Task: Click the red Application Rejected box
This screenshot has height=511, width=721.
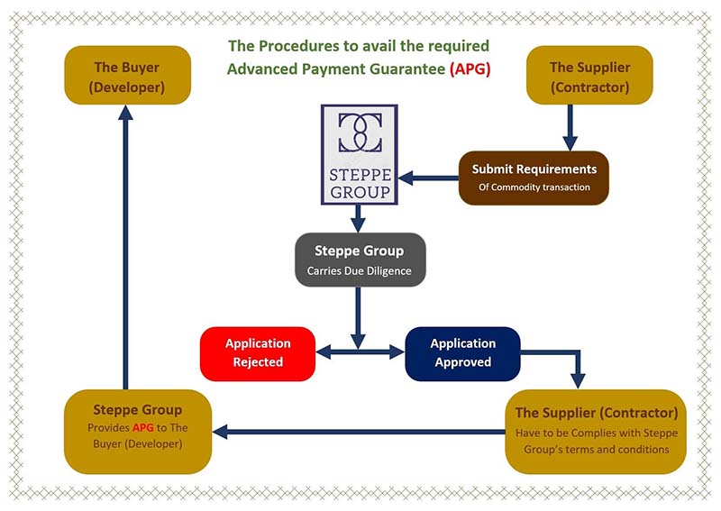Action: (x=258, y=352)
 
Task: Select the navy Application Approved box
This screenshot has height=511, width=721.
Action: (x=462, y=352)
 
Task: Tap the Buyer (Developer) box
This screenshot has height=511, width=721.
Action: (x=126, y=77)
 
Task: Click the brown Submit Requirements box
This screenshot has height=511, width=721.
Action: (x=534, y=178)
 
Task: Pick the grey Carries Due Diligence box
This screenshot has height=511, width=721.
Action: (x=360, y=260)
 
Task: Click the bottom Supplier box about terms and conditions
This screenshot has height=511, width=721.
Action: (x=596, y=432)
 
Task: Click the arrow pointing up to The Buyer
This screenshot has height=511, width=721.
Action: (x=125, y=243)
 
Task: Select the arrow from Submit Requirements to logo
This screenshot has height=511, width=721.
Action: (x=428, y=178)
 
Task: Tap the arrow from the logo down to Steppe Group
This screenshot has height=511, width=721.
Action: (x=358, y=218)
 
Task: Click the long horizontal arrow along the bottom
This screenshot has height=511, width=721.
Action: (x=360, y=433)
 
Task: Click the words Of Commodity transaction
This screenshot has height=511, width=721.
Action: (x=534, y=187)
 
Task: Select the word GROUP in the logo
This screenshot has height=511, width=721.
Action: (x=360, y=191)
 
